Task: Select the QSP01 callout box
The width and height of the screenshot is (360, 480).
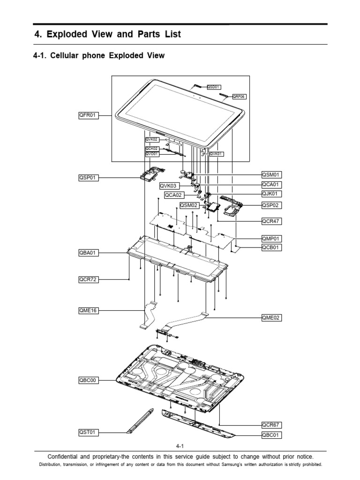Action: click(89, 178)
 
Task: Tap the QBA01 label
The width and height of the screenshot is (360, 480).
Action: click(89, 253)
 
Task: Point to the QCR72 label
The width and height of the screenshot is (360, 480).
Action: click(89, 280)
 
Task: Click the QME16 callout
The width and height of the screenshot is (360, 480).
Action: click(89, 310)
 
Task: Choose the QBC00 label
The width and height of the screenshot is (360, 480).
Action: click(89, 380)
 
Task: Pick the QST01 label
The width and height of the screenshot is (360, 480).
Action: click(89, 432)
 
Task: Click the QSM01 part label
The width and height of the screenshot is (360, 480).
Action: click(271, 175)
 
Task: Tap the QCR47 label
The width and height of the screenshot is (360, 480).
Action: click(271, 220)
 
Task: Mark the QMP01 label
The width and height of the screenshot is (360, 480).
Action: click(271, 238)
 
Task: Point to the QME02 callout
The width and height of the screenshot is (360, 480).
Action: click(271, 318)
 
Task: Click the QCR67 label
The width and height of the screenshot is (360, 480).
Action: click(271, 425)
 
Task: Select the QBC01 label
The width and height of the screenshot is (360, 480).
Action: click(271, 435)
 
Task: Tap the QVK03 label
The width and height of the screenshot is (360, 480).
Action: click(169, 185)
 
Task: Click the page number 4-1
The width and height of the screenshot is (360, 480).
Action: click(180, 446)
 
